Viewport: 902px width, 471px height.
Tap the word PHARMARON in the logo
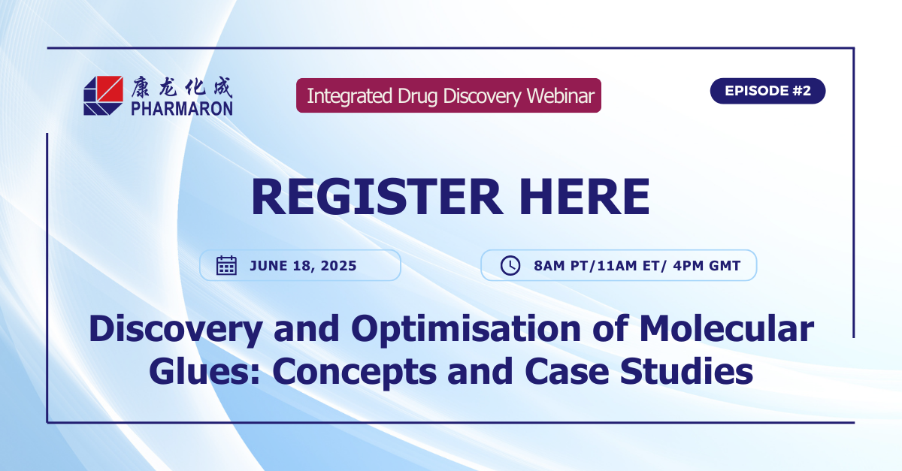pos(182,109)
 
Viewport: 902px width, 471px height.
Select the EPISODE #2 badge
pos(767,91)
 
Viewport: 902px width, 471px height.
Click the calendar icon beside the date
pos(227,265)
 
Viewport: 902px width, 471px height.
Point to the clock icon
pos(510,266)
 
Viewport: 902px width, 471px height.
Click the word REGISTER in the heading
pos(377,197)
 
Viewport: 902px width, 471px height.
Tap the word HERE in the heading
pos(585,197)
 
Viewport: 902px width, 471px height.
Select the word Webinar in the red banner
pos(561,96)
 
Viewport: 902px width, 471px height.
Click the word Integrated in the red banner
pos(350,96)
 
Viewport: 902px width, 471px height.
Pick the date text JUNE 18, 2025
pos(303,266)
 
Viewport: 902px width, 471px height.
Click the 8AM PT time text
pos(561,266)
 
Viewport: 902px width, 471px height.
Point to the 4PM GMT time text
pos(707,266)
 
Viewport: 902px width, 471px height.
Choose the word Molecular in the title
pos(727,328)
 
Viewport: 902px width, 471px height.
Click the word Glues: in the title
pos(204,371)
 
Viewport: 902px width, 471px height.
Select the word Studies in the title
pos(686,371)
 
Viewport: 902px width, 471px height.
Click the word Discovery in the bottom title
pos(176,330)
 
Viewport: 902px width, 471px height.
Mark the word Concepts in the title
pos(354,373)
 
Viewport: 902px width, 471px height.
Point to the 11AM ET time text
pos(628,266)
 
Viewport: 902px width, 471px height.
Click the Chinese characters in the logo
pos(182,87)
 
